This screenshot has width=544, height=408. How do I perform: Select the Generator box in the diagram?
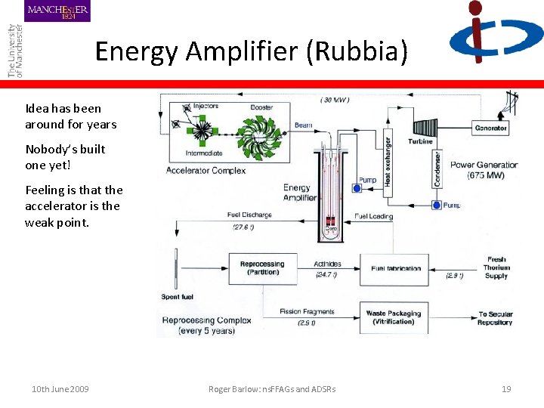(490, 128)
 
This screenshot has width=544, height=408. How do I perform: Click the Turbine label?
(421, 141)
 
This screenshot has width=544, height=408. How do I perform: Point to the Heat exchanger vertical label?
(388, 161)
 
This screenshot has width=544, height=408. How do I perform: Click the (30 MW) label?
(335, 99)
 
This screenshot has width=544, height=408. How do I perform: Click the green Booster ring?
(261, 138)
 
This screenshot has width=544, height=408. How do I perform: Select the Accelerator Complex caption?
(206, 170)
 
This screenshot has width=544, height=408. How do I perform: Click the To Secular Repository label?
(496, 318)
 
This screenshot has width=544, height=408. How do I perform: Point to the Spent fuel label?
(178, 297)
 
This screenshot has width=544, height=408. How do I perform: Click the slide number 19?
(506, 389)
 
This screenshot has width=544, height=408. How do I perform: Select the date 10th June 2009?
(60, 389)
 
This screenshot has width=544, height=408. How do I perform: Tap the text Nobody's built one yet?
(65, 157)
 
